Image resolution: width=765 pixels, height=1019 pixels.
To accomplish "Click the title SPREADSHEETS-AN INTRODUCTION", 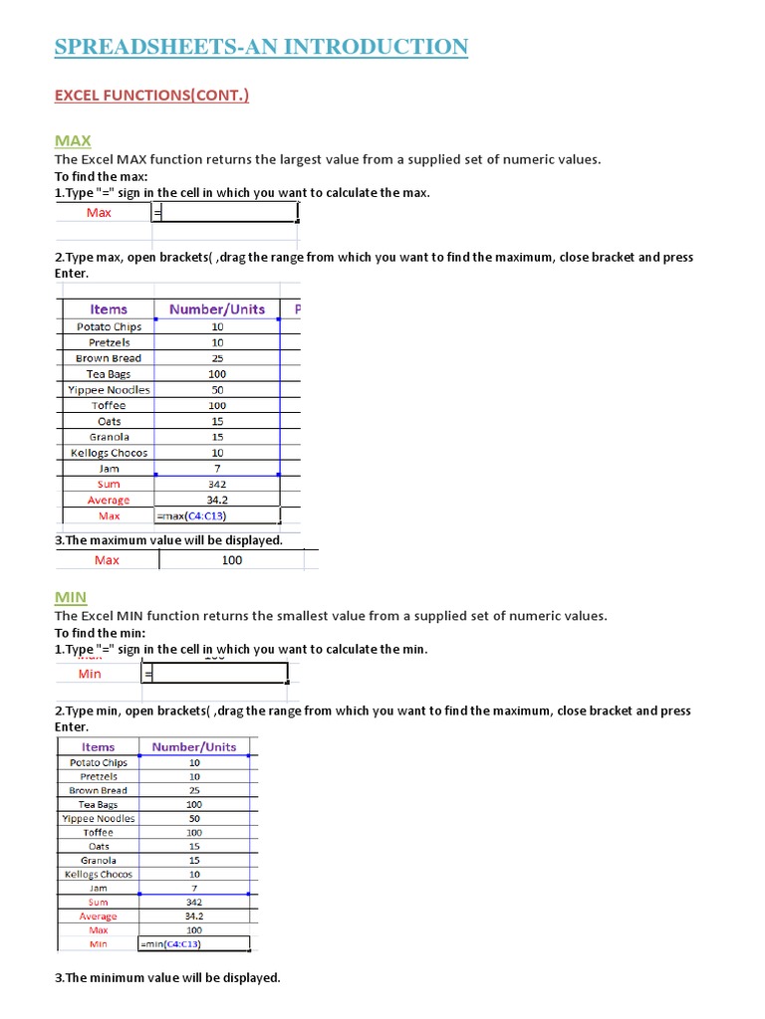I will pyautogui.click(x=261, y=46).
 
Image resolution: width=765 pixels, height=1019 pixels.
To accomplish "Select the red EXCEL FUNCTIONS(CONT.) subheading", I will pyautogui.click(x=151, y=96).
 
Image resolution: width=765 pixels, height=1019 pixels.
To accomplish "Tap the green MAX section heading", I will pyautogui.click(x=73, y=141).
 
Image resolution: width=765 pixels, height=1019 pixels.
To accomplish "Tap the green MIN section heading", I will pyautogui.click(x=71, y=597).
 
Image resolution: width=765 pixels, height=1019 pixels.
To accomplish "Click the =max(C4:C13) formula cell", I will pyautogui.click(x=191, y=516).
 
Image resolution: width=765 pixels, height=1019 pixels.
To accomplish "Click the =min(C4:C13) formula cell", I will pyautogui.click(x=178, y=944).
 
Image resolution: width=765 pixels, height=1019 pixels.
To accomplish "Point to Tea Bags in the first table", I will pyautogui.click(x=109, y=374).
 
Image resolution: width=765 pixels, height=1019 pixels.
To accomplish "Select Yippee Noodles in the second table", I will pyautogui.click(x=99, y=819).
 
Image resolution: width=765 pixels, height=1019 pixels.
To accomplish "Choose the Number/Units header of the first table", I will pyautogui.click(x=217, y=309).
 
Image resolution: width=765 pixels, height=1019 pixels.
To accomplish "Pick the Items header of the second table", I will pyautogui.click(x=99, y=747).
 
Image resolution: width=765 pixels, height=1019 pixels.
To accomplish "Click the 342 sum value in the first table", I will pyautogui.click(x=217, y=485).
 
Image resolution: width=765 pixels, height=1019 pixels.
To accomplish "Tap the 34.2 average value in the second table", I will pyautogui.click(x=194, y=917).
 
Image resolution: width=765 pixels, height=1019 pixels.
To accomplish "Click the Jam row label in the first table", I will pyautogui.click(x=109, y=469).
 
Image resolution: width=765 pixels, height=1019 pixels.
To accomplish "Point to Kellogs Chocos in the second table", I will pyautogui.click(x=99, y=875).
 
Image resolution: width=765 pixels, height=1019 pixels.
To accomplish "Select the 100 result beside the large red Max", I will pyautogui.click(x=232, y=560).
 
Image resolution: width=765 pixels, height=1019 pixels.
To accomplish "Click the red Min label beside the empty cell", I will pyautogui.click(x=90, y=674).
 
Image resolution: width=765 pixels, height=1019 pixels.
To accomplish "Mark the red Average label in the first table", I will pyautogui.click(x=109, y=501).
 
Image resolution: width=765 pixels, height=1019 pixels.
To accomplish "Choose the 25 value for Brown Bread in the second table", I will pyautogui.click(x=194, y=791).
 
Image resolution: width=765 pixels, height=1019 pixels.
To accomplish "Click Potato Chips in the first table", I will pyautogui.click(x=109, y=326).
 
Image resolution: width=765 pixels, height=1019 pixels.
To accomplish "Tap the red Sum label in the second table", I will pyautogui.click(x=99, y=903).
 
